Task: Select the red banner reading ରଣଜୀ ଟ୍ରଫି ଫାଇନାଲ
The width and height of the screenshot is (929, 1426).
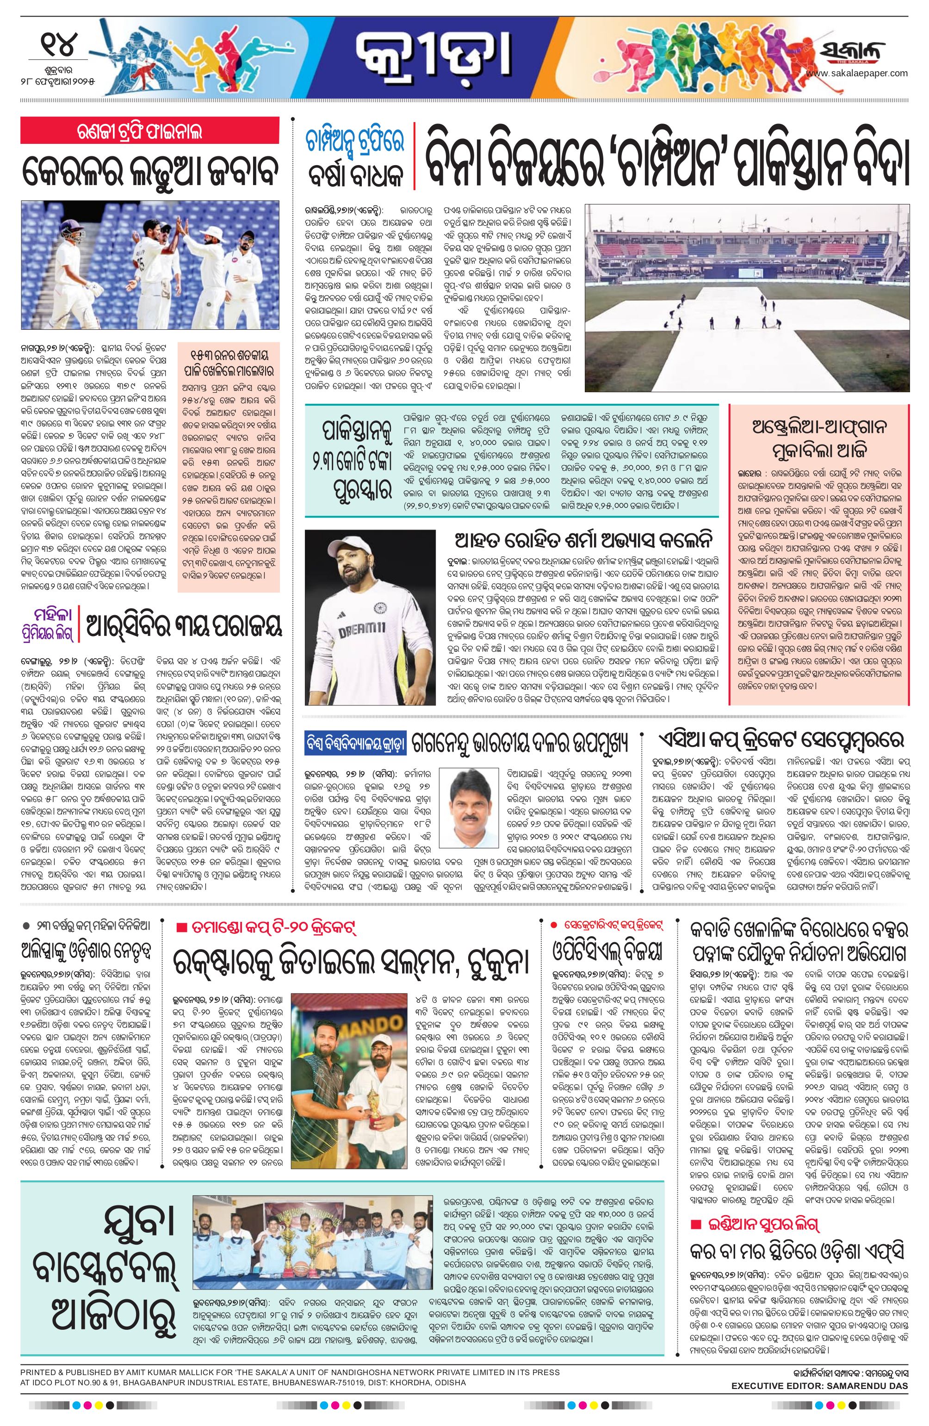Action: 150,130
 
